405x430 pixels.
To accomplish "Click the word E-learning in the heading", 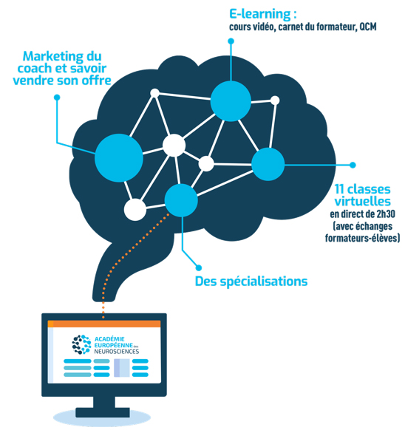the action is (259, 14).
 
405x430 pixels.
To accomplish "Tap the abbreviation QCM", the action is (368, 27).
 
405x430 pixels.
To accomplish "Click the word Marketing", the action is (53, 57).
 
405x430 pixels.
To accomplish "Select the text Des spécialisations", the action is (251, 281).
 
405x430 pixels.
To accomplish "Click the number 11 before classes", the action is (339, 189).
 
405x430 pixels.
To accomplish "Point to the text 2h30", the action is (386, 214).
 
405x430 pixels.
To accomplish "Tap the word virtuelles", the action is (362, 202).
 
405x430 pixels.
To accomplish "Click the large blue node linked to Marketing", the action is (119, 158).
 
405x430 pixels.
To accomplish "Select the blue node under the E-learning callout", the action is (231, 101).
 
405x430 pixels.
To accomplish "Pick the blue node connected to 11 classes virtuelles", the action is (268, 164).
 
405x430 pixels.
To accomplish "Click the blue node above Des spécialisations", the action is (181, 200).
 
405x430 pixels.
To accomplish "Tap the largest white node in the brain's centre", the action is (174, 146).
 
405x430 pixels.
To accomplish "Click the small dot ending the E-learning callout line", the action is (231, 41).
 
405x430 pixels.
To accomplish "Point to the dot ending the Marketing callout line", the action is (57, 98).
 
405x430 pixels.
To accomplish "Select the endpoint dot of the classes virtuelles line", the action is (353, 165).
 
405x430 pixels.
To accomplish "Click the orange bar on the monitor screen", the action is (104, 324).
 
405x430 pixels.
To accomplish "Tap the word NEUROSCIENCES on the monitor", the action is (117, 352).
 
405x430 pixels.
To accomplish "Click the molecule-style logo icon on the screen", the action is (81, 344).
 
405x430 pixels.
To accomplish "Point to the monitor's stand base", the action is (103, 412).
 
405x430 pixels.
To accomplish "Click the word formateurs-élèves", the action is (362, 238).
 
